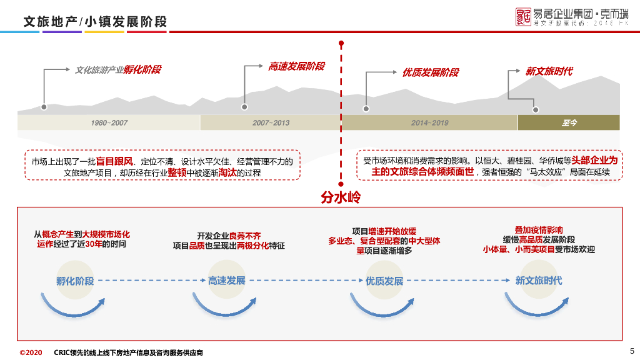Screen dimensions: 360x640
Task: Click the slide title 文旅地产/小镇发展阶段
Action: click(96, 22)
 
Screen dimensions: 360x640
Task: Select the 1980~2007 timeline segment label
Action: click(109, 122)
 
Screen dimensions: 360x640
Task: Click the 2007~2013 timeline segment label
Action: click(271, 122)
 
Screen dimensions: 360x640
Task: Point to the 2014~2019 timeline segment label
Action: click(429, 122)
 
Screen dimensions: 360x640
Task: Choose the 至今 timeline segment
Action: click(569, 122)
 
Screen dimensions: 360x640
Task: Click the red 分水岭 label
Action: click(341, 197)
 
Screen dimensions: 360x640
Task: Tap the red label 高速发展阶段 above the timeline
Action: click(296, 66)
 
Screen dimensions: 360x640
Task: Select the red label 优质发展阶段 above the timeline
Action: click(430, 72)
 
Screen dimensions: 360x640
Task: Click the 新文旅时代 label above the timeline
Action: click(549, 71)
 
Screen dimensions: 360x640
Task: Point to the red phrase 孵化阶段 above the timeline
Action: click(142, 69)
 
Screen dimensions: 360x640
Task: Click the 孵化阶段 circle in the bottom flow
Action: click(74, 281)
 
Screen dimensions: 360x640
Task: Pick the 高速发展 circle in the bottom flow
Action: click(226, 281)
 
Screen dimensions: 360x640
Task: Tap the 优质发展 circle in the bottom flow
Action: click(384, 281)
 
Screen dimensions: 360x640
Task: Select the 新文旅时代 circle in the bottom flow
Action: click(538, 281)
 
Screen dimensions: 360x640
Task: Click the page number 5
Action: click(631, 351)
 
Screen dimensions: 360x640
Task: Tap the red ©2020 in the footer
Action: click(31, 352)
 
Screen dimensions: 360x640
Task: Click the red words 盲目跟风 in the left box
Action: click(114, 161)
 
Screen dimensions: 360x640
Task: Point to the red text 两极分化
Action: click(252, 246)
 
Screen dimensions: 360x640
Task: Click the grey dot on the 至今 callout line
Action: click(535, 109)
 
